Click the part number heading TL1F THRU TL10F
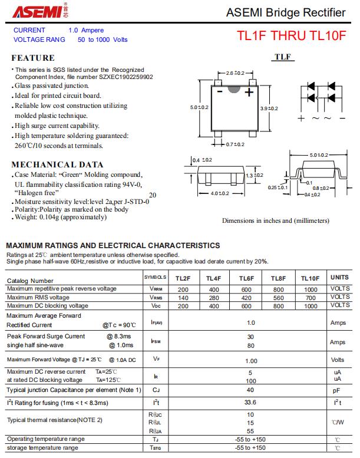click(291, 36)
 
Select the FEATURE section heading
click(33, 58)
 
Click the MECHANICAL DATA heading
click(57, 164)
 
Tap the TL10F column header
click(310, 278)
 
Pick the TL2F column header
click(183, 278)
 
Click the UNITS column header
click(339, 277)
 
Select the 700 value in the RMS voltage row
click(310, 298)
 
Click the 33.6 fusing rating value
click(250, 403)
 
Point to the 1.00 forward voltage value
click(251, 361)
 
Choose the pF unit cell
click(337, 390)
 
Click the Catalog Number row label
click(30, 281)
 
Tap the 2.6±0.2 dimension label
click(235, 73)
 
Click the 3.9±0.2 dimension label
click(269, 108)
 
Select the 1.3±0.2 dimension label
click(254, 176)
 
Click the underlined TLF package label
click(283, 57)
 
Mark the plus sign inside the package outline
click(249, 93)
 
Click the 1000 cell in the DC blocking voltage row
click(310, 306)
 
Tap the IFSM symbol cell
click(156, 341)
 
